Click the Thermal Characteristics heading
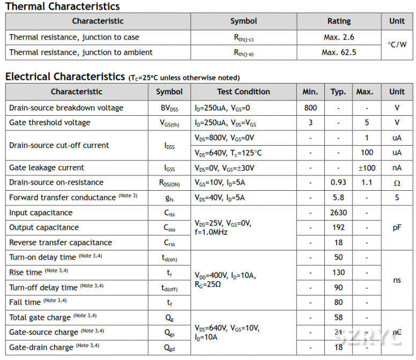63,6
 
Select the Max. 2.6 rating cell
339,37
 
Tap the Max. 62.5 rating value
339,52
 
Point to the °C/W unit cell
397,45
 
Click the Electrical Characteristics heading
65,77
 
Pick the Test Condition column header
243,92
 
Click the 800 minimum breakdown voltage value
310,108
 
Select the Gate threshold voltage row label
50,123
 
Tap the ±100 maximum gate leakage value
367,168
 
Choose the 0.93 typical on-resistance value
338,182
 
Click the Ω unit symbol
397,183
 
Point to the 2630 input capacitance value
338,213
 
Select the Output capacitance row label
44,228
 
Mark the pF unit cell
397,228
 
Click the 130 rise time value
338,273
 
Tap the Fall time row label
25,302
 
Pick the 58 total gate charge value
338,318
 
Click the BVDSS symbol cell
169,108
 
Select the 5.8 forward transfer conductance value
338,198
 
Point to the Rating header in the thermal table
339,21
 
